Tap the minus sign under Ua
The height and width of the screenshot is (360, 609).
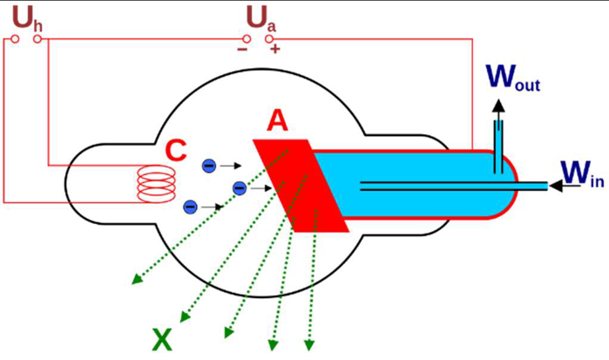[x=241, y=49]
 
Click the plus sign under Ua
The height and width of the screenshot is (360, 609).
[x=275, y=49]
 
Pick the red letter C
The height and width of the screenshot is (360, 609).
[x=176, y=151]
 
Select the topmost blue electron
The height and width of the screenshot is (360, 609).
[x=209, y=165]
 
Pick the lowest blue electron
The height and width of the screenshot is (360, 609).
[x=191, y=207]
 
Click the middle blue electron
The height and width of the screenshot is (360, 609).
[x=239, y=187]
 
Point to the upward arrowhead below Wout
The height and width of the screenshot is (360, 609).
[x=497, y=105]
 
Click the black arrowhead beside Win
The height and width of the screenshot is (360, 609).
[x=555, y=185]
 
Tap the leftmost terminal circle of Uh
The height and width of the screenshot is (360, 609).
[x=14, y=38]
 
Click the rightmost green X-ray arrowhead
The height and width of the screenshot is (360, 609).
[x=310, y=345]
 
